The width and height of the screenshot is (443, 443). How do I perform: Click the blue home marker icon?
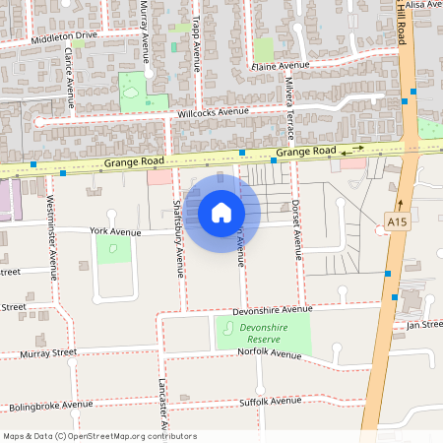[221, 212]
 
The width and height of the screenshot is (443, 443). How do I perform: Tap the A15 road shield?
[397, 223]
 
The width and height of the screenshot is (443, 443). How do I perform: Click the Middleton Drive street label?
[65, 37]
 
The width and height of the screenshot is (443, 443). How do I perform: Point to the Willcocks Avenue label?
[213, 112]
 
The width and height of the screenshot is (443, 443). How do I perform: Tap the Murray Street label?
[50, 351]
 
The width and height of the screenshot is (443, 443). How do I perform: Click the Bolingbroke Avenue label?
[50, 405]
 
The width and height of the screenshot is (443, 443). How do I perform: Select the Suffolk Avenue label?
[271, 401]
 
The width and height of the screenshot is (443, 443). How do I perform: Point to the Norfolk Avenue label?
[271, 353]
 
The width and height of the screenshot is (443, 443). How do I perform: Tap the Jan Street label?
[425, 323]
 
